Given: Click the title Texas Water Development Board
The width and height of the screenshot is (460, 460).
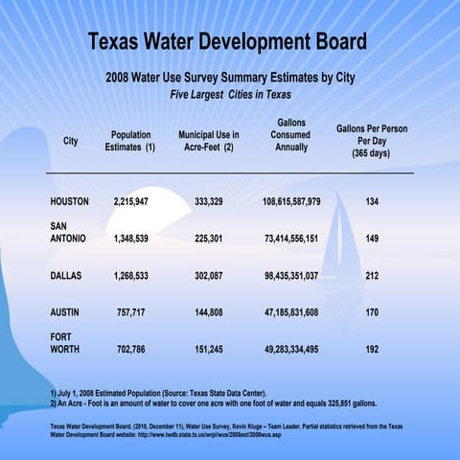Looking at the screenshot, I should [x=227, y=43].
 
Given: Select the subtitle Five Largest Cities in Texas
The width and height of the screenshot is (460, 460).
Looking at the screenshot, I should [x=230, y=95].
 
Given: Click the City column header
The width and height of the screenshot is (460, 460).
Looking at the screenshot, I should [x=70, y=141].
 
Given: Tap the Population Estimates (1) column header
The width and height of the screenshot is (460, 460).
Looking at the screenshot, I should [x=130, y=142].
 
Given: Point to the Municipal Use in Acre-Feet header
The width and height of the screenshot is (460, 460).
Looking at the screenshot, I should [x=209, y=142].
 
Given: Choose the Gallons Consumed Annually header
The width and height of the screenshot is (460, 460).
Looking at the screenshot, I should [x=290, y=135].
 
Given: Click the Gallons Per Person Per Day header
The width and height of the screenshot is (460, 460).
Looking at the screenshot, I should [x=371, y=141].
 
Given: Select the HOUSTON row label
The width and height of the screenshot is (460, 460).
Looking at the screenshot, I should [x=69, y=202].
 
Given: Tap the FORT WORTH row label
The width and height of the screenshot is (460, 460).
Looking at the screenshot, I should [x=63, y=343].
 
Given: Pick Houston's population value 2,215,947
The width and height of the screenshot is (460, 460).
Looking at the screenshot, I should [x=130, y=202].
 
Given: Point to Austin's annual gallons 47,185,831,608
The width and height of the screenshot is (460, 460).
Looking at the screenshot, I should [x=290, y=312].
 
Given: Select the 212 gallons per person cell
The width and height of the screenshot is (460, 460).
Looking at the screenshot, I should [x=371, y=275].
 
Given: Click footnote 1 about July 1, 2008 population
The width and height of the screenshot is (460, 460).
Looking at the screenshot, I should [x=158, y=394].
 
